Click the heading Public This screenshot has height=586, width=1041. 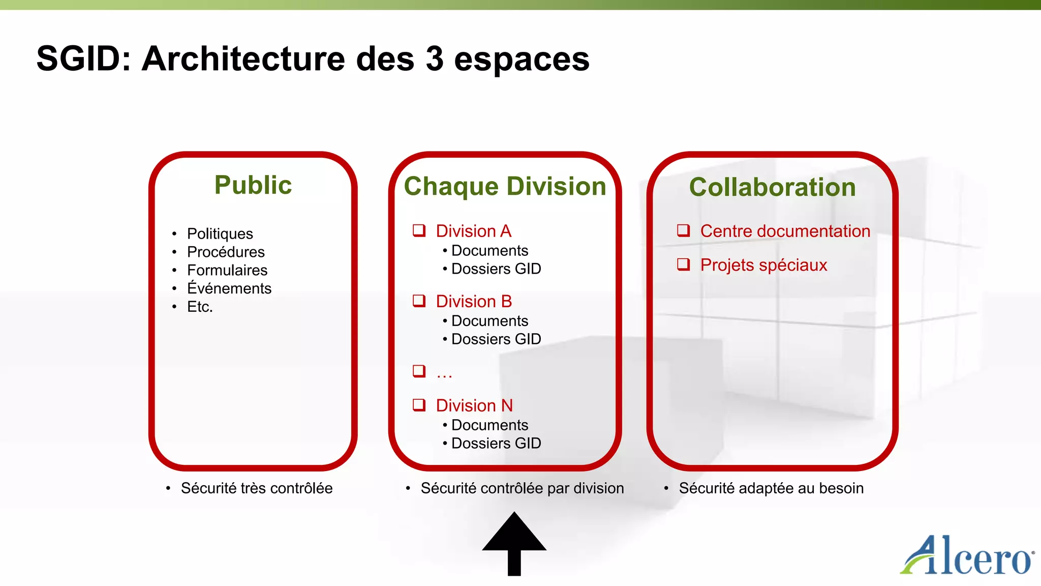coord(253,185)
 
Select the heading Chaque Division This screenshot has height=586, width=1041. coord(505,186)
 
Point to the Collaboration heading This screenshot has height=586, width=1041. coord(772,187)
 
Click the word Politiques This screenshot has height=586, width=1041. coord(220,233)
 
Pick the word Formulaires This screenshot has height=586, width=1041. coord(227,270)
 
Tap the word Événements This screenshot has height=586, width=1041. coord(229,288)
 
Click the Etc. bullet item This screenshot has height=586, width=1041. coord(200,307)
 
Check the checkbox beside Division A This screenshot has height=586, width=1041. coord(419,231)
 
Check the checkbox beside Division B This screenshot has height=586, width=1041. coord(419,301)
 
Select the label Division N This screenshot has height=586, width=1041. coord(474,405)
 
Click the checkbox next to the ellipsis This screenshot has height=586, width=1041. coord(419,371)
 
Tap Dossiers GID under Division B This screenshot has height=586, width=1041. coord(496,339)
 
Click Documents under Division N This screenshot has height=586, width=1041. coord(489,425)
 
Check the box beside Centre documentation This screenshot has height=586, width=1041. coord(683,231)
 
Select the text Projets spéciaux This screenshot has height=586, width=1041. coord(763,265)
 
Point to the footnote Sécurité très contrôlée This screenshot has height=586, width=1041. coord(256,488)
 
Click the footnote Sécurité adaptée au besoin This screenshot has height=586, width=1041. coord(771,488)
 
